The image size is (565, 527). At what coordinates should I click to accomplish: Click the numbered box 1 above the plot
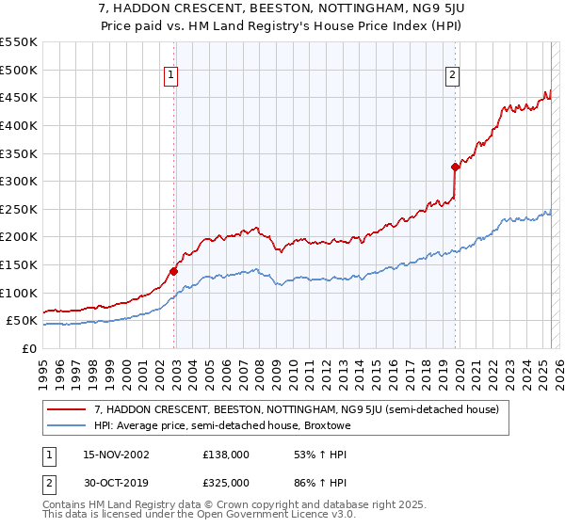pos(172,77)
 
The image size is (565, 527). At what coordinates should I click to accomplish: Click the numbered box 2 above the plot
pos(453,77)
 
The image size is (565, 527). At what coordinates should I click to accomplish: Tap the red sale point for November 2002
pos(173,271)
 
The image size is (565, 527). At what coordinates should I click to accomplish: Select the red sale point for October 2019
pos(455,168)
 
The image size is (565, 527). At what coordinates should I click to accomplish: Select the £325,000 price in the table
pos(225,482)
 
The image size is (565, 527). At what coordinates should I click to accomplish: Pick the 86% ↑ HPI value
pos(307,482)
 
